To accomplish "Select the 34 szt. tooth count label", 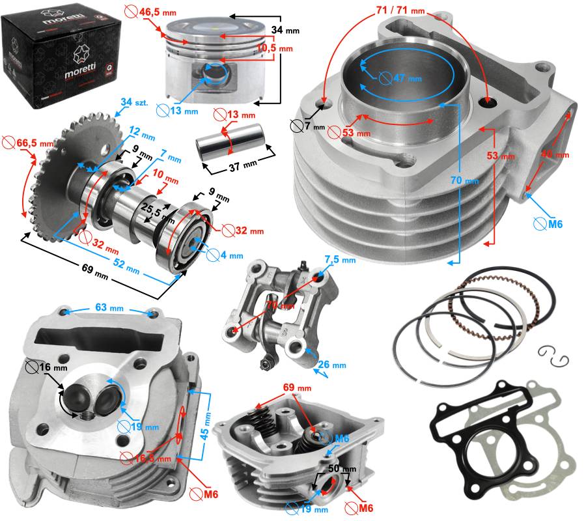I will pyautogui.click(x=135, y=102).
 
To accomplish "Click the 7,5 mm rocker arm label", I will pyautogui.click(x=339, y=260).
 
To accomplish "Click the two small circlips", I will pyautogui.click(x=553, y=356).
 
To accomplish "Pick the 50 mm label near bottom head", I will pyautogui.click(x=341, y=469).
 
